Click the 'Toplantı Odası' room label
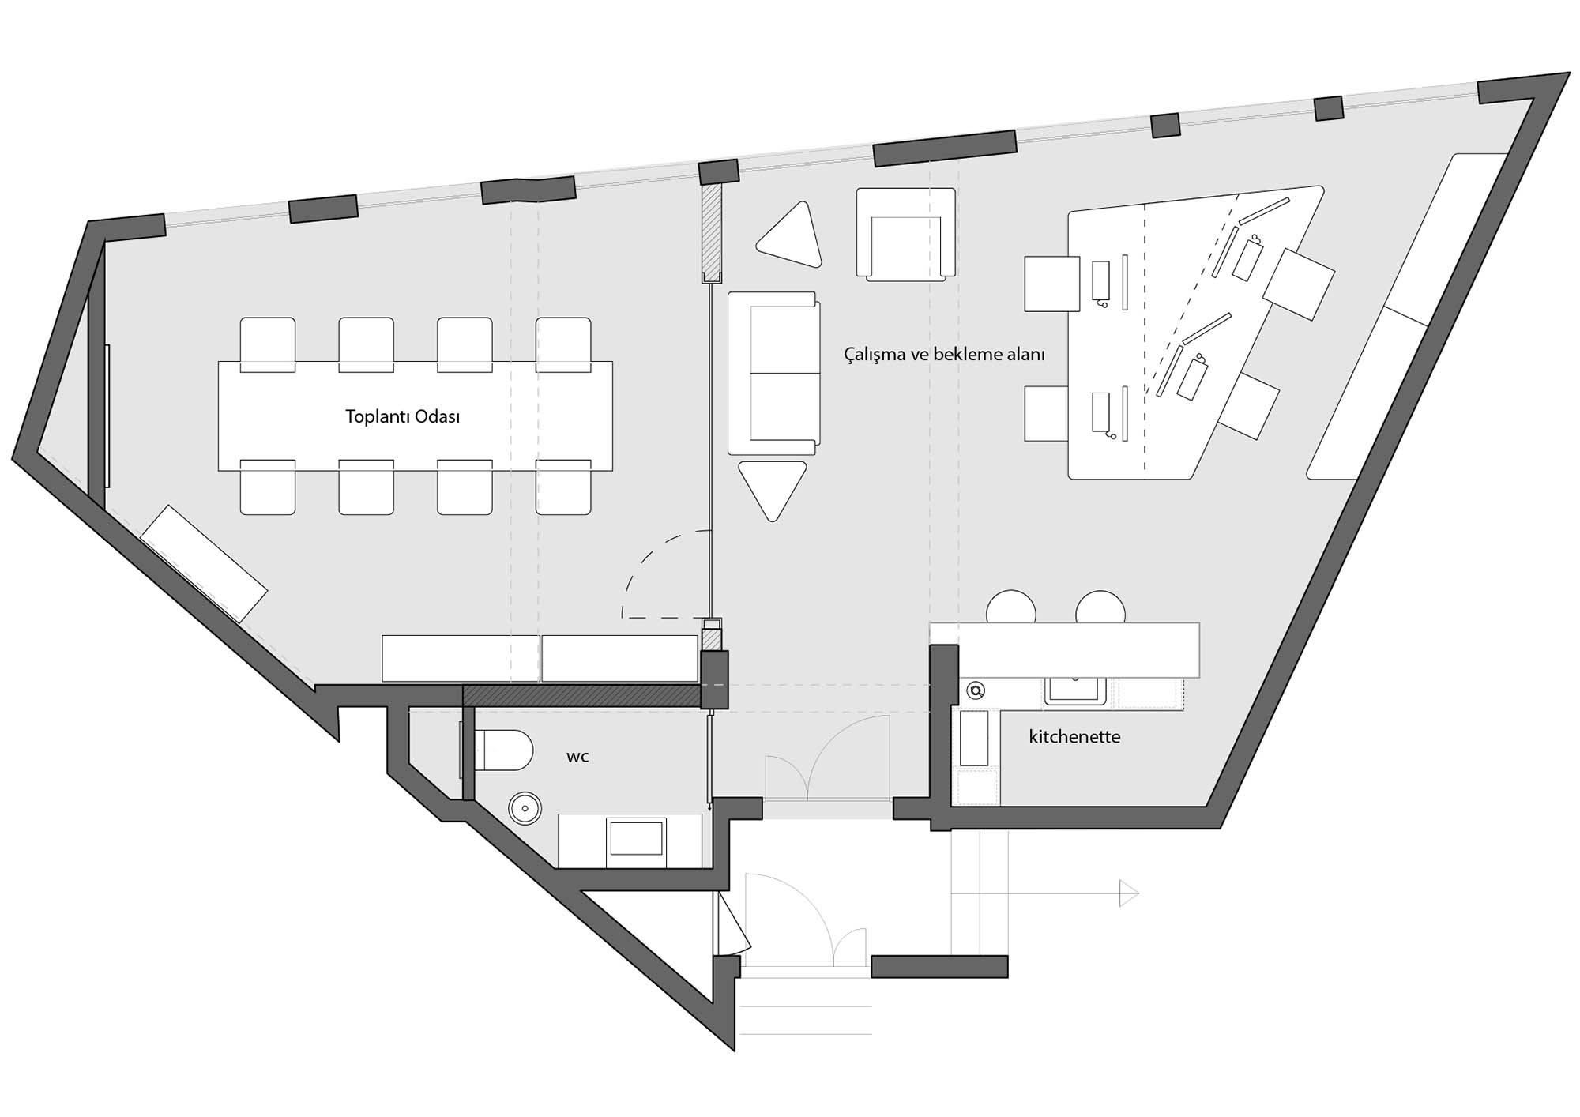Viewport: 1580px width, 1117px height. tap(402, 416)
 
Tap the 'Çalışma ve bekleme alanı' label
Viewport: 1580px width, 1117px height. tap(944, 354)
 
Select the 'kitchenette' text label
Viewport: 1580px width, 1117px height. tap(1074, 737)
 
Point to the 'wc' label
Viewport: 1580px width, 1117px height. tap(577, 757)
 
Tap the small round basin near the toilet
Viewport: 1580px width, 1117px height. tap(525, 808)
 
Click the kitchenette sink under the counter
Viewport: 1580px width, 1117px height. tap(1075, 690)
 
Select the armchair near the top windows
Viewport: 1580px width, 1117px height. tap(905, 235)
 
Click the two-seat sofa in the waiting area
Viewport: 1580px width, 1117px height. tap(773, 373)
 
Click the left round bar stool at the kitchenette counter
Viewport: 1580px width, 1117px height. tap(1011, 607)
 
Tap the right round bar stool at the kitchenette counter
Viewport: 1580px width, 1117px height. tap(1100, 607)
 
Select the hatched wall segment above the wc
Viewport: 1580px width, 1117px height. tap(582, 696)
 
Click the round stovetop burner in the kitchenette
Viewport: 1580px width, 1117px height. tap(976, 691)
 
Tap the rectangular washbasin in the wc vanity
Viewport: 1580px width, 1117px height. tap(637, 837)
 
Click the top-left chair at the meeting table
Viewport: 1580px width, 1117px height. tap(268, 344)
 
